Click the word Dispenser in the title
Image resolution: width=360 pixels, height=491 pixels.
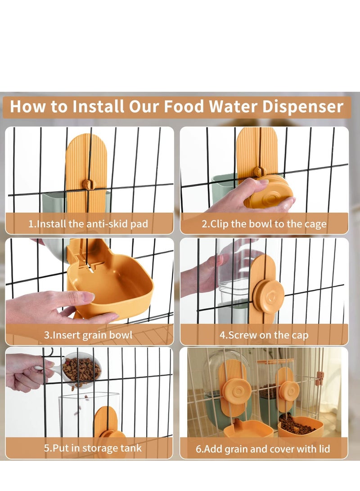tap(303, 107)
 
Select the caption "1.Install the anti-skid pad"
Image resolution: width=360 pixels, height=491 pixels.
tap(88, 224)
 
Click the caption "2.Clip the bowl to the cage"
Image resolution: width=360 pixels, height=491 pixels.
tap(264, 224)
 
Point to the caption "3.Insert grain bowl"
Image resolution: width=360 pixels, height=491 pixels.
tap(88, 335)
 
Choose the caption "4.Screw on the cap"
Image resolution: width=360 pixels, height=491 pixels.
tap(264, 335)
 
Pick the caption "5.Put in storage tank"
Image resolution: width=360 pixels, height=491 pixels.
tap(93, 448)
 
